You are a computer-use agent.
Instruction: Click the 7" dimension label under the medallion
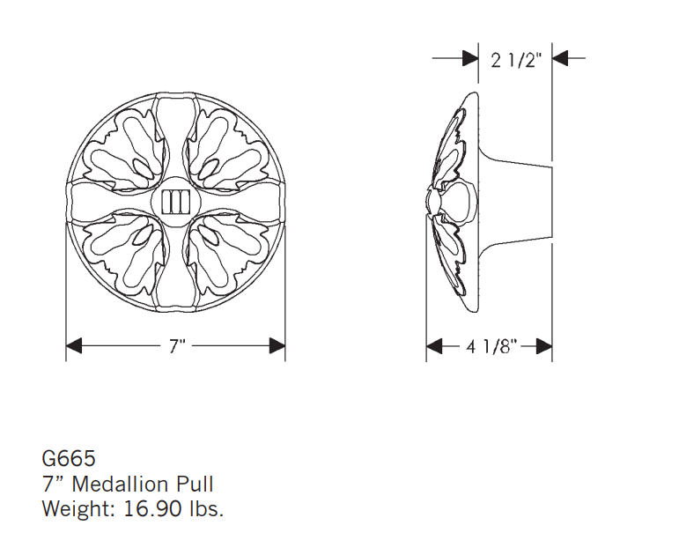click(x=177, y=346)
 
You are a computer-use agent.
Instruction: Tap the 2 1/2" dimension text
click(x=516, y=60)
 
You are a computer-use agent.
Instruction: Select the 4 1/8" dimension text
click(x=491, y=346)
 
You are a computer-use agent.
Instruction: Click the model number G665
click(x=69, y=458)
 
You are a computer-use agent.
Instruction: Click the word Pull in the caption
click(x=194, y=484)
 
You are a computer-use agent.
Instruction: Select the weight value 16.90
click(x=152, y=508)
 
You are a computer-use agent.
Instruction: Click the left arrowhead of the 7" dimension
click(x=74, y=345)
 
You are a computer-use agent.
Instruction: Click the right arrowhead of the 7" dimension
click(x=277, y=345)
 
